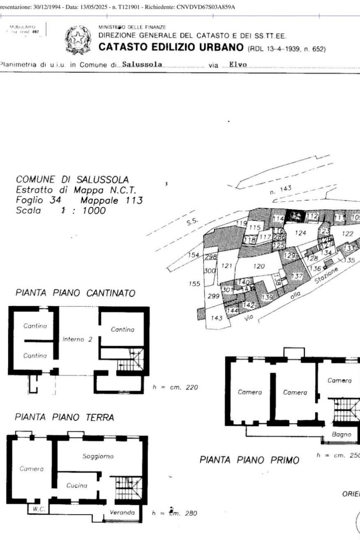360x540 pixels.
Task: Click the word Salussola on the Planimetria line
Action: point(142,65)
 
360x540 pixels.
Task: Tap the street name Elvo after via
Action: point(238,65)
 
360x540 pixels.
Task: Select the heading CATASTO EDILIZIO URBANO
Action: point(171,47)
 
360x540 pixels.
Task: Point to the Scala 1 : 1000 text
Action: point(61,211)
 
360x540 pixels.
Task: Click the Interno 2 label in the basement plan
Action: point(77,339)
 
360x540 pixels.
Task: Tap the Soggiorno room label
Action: point(98,456)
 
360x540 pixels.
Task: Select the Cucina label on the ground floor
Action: point(77,486)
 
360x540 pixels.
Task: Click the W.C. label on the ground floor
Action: point(39,509)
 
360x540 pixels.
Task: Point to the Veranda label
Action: point(122,513)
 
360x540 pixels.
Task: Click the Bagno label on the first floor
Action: point(341,435)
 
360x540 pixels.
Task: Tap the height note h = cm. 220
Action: point(175,387)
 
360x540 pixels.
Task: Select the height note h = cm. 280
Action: point(175,513)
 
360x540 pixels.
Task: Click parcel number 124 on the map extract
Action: point(301,233)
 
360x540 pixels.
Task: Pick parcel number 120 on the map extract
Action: point(259,266)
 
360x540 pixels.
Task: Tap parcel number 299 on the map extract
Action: point(213,296)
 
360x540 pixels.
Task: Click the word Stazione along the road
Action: point(326,275)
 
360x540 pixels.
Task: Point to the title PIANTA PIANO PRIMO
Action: point(249,460)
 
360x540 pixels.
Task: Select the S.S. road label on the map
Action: point(192,221)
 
